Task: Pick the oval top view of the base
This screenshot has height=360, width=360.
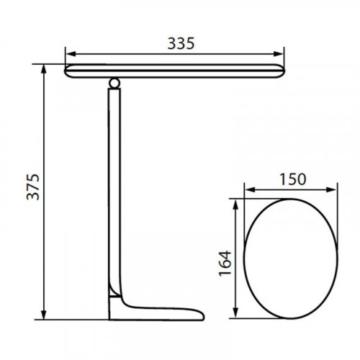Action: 289,260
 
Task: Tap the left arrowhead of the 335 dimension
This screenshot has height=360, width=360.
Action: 68,53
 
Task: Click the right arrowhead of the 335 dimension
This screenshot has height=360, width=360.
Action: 279,53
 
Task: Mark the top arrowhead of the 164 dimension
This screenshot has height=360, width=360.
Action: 235,204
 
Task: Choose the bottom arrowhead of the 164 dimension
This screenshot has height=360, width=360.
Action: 235,315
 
